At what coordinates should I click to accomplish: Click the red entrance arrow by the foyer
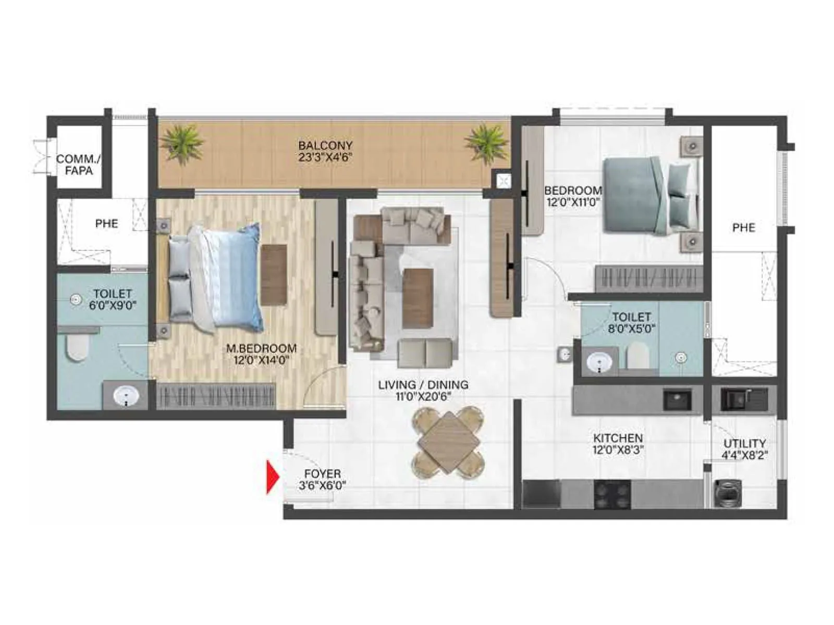tap(273, 477)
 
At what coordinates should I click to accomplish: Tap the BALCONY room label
tap(325, 145)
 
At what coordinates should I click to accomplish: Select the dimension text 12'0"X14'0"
tap(261, 359)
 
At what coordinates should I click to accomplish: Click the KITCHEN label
tap(618, 438)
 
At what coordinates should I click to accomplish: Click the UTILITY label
tap(744, 443)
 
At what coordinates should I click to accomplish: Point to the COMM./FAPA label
tap(78, 164)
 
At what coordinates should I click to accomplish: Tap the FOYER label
tap(323, 474)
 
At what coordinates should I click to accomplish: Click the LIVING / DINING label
tap(423, 385)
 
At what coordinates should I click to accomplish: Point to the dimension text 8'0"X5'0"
tap(631, 329)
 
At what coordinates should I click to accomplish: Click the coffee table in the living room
tap(418, 298)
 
